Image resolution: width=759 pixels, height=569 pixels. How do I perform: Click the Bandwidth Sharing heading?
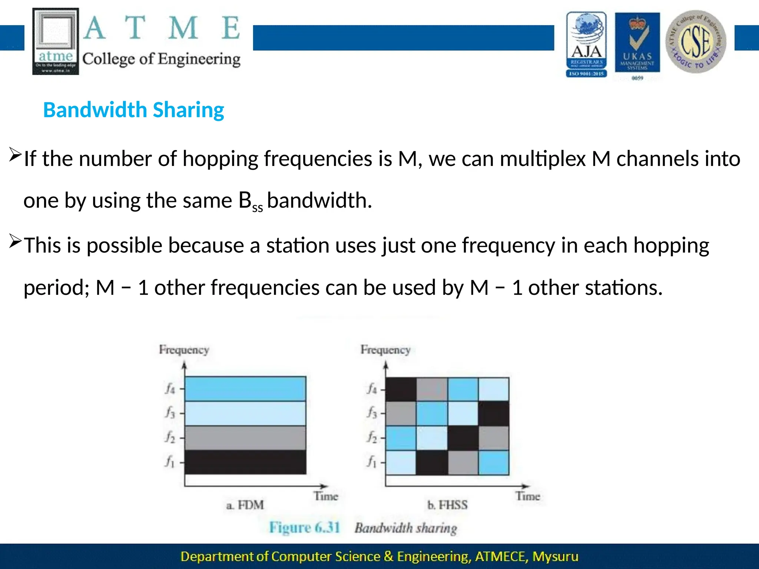click(133, 110)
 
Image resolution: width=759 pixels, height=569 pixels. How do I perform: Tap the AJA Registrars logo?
click(586, 44)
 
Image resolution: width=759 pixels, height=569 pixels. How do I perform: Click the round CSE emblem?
click(696, 41)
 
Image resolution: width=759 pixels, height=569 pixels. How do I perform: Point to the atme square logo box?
click(56, 41)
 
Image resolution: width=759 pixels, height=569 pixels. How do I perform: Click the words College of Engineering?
click(161, 59)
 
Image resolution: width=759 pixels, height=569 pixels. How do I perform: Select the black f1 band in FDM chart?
click(245, 462)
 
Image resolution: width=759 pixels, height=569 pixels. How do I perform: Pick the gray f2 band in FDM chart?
click(245, 438)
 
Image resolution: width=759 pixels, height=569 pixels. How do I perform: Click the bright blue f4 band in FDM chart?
click(245, 389)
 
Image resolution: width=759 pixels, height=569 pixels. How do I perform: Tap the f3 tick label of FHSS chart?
click(372, 412)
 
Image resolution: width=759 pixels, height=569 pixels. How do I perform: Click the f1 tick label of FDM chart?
click(170, 462)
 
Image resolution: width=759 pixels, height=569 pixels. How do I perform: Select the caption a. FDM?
click(245, 505)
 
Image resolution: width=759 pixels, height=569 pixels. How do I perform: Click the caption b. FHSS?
click(447, 505)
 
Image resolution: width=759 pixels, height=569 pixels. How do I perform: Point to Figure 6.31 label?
click(304, 528)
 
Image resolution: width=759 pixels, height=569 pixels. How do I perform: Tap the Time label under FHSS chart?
click(528, 496)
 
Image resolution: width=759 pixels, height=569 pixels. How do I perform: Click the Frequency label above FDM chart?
click(184, 350)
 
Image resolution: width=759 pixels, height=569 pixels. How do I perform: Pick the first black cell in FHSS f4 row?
click(401, 389)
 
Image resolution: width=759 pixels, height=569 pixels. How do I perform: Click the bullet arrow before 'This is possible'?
click(15, 242)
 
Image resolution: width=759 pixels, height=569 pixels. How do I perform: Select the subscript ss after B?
click(258, 208)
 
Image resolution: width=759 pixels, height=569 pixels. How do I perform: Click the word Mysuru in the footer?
click(555, 556)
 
